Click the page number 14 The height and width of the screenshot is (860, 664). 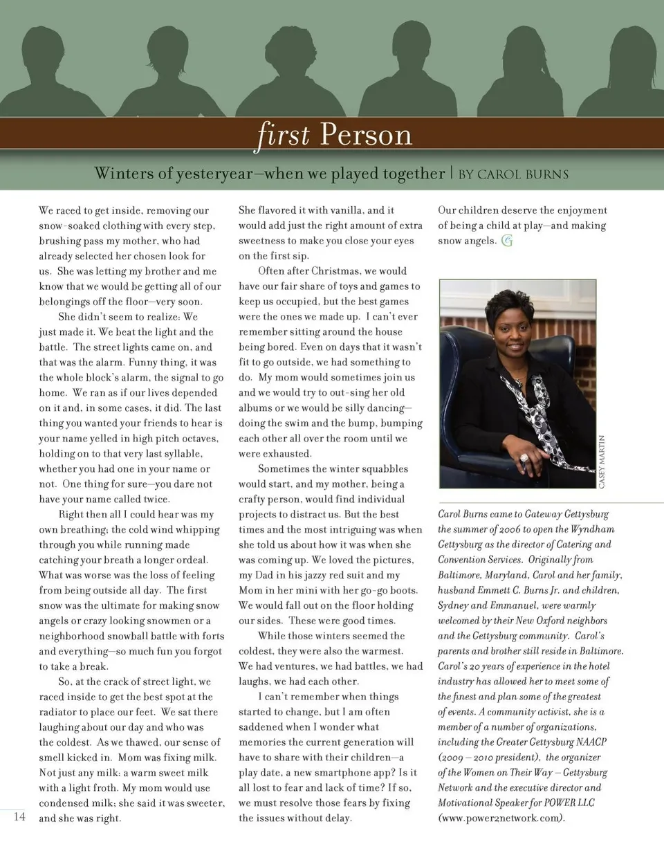[19, 816]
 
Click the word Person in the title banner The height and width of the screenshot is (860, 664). [366, 134]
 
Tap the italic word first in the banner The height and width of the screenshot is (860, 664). [284, 134]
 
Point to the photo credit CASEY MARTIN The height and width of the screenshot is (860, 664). [601, 461]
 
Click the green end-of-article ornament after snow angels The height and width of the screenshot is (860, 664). [507, 241]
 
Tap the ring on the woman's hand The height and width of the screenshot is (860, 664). [524, 457]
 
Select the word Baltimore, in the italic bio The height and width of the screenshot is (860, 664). [461, 575]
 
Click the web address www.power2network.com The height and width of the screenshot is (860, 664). [501, 818]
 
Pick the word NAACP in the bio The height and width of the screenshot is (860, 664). [590, 742]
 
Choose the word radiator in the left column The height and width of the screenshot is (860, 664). [59, 712]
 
